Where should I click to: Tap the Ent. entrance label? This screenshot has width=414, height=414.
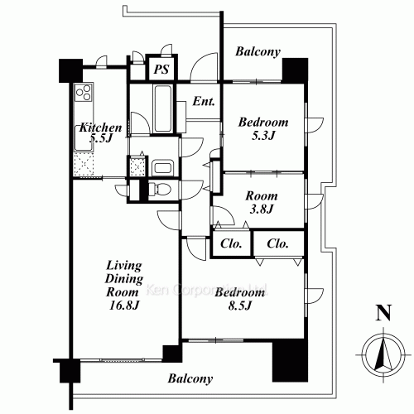204,103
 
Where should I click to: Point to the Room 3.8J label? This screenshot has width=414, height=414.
261,203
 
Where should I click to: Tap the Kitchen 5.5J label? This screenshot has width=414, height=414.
100,134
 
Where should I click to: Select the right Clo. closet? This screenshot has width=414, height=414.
277,244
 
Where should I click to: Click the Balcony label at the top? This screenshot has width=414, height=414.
258,51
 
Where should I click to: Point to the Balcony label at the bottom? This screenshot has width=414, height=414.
190,379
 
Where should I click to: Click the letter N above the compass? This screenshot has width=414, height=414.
383,313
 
